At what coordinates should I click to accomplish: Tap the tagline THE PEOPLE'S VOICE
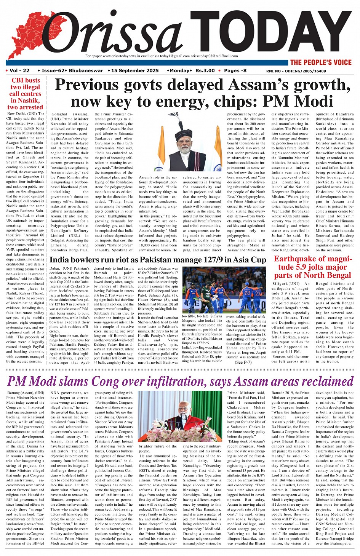click(x=321, y=63)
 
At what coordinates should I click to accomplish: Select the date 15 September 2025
click(x=135, y=71)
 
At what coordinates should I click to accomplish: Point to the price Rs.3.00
click(x=205, y=71)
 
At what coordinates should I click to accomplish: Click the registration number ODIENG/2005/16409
click(x=307, y=71)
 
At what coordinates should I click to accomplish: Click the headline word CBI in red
click(x=18, y=80)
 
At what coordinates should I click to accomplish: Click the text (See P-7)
click(x=243, y=362)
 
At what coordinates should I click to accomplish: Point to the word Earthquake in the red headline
click(x=295, y=259)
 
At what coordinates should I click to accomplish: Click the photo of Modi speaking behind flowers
click(x=180, y=416)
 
